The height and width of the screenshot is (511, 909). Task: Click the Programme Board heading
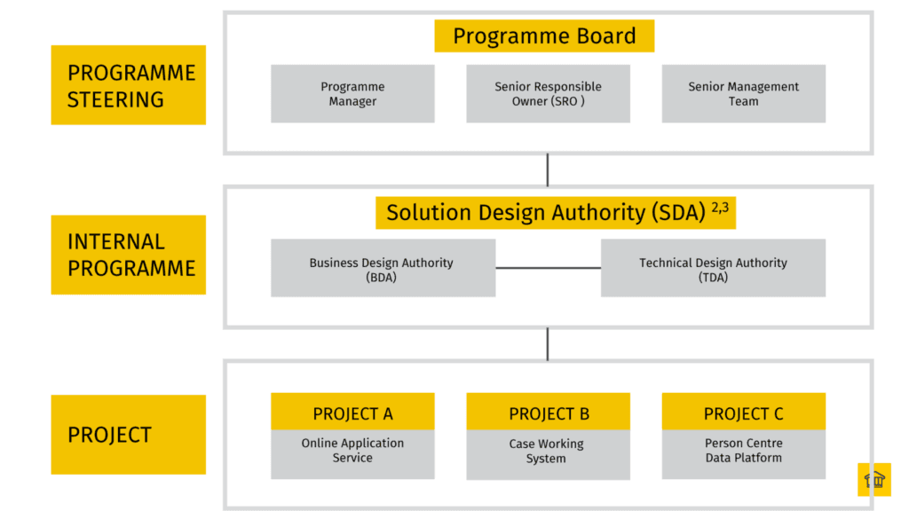tap(544, 36)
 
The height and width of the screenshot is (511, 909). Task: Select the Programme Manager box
tap(352, 94)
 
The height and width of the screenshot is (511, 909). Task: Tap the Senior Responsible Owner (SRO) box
tap(548, 94)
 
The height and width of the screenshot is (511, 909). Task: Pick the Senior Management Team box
tap(743, 94)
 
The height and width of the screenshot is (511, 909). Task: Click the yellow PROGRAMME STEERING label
tap(129, 85)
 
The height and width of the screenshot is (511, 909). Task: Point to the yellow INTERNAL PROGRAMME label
tap(129, 255)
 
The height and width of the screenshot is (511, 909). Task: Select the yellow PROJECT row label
tap(129, 435)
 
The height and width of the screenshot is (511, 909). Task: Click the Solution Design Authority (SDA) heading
tap(546, 213)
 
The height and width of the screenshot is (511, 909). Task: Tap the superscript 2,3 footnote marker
tap(719, 208)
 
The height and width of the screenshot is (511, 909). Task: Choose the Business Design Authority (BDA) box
tap(383, 269)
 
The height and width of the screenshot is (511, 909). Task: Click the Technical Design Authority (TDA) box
tap(713, 269)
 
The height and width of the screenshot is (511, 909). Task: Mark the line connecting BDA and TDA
tap(548, 268)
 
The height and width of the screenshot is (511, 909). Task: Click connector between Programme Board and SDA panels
tap(548, 169)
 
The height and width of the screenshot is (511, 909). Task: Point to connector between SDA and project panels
tap(548, 343)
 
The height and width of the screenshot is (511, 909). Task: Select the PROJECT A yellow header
tap(352, 413)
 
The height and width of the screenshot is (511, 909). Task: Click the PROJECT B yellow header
tap(548, 413)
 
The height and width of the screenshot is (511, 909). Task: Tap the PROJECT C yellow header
tap(743, 413)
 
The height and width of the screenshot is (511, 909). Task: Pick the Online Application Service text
tap(352, 451)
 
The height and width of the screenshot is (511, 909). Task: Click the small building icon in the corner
tap(873, 480)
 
